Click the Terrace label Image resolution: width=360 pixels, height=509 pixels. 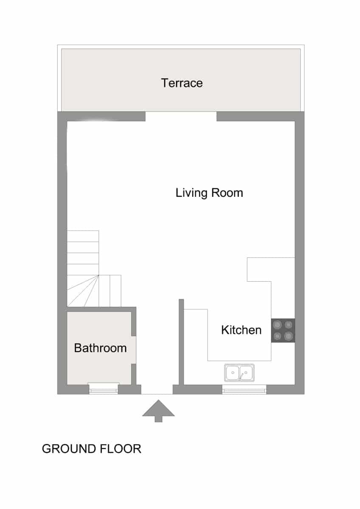point(182,83)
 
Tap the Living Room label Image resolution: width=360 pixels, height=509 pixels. point(209,193)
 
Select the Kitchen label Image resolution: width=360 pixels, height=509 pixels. point(241,330)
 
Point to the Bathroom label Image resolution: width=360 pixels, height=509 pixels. point(100,348)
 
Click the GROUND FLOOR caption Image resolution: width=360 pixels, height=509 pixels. point(91,449)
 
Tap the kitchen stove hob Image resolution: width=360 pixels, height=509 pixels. point(283,330)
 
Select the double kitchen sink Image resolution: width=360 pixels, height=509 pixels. point(239,373)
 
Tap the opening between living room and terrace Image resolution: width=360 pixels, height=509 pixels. point(181,116)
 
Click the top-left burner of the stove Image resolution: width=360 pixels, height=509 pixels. point(278,325)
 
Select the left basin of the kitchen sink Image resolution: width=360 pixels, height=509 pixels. point(232,373)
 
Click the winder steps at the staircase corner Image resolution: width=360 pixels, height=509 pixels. point(83,291)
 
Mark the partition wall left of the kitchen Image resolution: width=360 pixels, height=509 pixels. point(181,342)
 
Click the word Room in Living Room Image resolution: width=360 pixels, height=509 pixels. point(227,193)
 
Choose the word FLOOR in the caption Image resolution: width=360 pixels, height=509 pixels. point(121,449)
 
